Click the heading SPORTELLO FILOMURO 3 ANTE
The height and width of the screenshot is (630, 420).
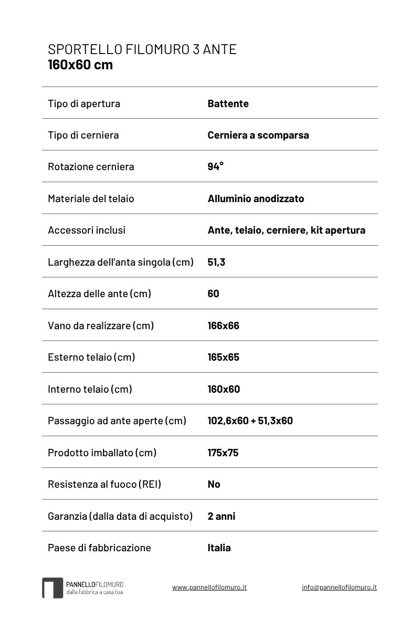(x=142, y=49)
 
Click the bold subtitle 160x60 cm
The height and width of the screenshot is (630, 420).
(x=80, y=65)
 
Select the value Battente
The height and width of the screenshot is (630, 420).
(x=228, y=103)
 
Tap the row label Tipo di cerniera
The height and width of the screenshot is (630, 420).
(x=83, y=135)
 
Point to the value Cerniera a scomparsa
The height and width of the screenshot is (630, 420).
(x=258, y=135)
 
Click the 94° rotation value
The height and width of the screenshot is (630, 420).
(x=215, y=166)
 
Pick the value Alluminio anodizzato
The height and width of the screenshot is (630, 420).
(x=256, y=198)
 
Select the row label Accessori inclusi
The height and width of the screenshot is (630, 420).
(x=87, y=230)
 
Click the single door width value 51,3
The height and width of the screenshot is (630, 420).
(x=216, y=262)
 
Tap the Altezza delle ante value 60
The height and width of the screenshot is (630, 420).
(x=213, y=293)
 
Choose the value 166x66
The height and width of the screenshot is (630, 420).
(x=223, y=325)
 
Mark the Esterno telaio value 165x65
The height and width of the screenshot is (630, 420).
(x=223, y=357)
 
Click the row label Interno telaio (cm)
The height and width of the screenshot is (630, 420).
(x=90, y=389)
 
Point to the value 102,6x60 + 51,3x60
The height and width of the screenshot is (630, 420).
(x=250, y=421)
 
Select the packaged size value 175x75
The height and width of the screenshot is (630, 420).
(x=223, y=453)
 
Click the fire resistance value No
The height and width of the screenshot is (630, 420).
(x=214, y=484)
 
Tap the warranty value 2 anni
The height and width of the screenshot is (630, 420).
(x=221, y=516)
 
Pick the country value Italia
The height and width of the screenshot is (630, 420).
(x=219, y=548)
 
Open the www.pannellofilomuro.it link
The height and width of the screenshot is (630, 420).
(x=209, y=587)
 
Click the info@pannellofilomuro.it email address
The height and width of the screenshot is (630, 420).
(x=339, y=587)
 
